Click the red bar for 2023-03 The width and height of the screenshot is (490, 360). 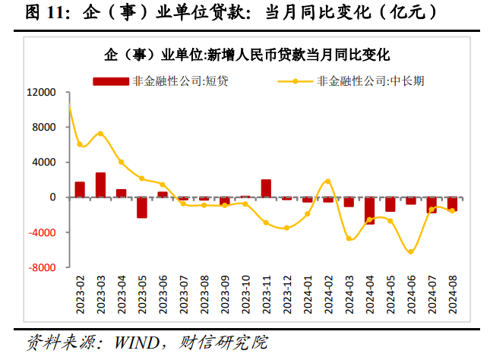pos(100,185)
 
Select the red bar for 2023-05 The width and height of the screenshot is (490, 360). pos(142,207)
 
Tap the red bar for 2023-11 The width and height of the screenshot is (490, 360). pos(266,188)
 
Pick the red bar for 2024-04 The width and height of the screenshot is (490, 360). pos(369,210)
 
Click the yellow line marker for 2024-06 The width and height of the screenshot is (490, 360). pos(411,251)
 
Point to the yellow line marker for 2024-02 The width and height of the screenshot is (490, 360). pos(328,181)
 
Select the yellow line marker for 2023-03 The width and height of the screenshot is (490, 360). pos(100,134)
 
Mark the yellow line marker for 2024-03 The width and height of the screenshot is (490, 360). pos(349,238)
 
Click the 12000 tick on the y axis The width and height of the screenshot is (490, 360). pos(41,93)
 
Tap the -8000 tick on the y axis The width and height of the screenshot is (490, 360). pos(41,267)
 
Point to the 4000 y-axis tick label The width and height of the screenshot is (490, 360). pos(44,163)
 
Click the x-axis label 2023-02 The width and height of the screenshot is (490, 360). pos(80,293)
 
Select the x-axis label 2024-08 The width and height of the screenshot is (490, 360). pos(453,293)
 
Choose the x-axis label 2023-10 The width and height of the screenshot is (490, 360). pos(245,293)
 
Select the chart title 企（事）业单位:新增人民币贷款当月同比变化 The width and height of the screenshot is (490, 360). pos(248,55)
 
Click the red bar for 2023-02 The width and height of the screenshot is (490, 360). pos(80,189)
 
